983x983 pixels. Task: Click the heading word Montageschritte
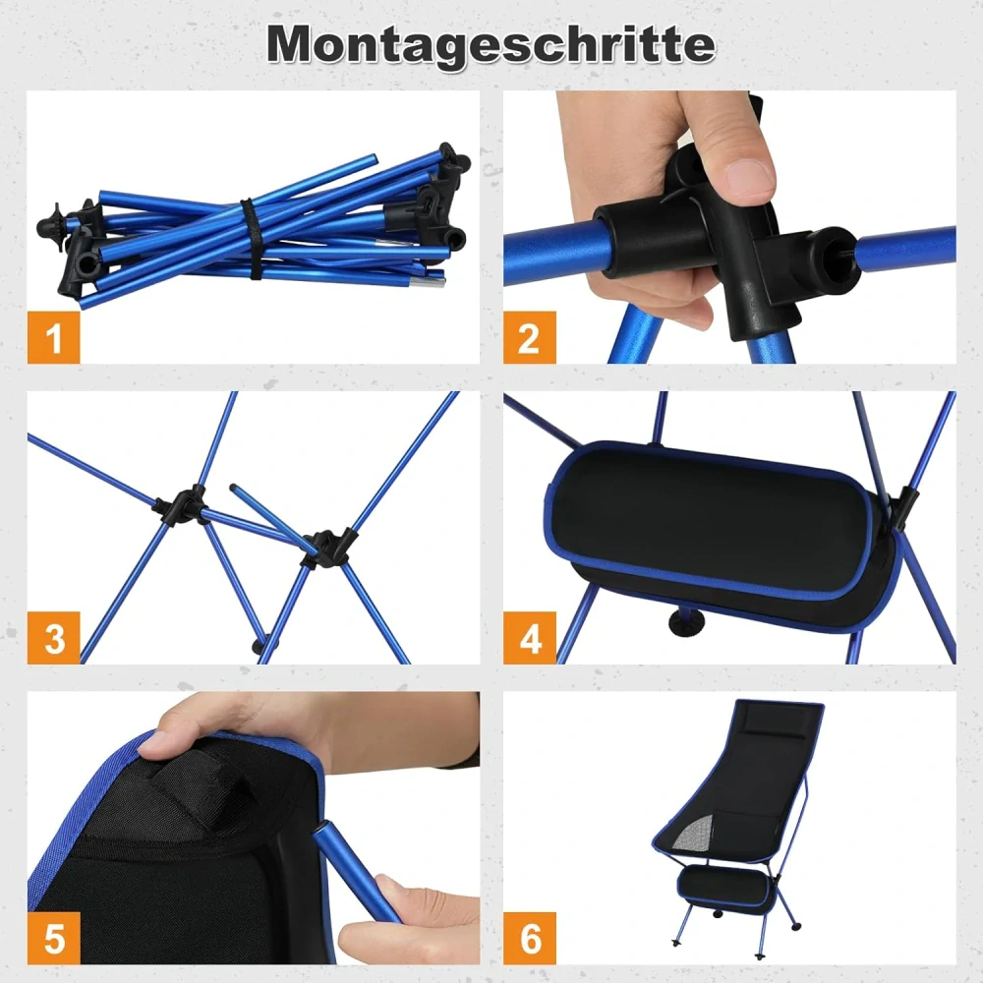click(491, 45)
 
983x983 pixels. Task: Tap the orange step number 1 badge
click(53, 337)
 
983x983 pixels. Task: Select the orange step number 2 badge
click(530, 337)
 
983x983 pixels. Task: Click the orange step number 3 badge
click(53, 638)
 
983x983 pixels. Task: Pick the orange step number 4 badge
click(530, 638)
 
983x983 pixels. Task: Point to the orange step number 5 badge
click(53, 939)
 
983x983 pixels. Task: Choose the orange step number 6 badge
click(530, 939)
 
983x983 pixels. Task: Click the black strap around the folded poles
click(250, 239)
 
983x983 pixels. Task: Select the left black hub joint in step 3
click(181, 506)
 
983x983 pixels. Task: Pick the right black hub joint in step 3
click(327, 549)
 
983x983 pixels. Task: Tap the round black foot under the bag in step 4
click(686, 622)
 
